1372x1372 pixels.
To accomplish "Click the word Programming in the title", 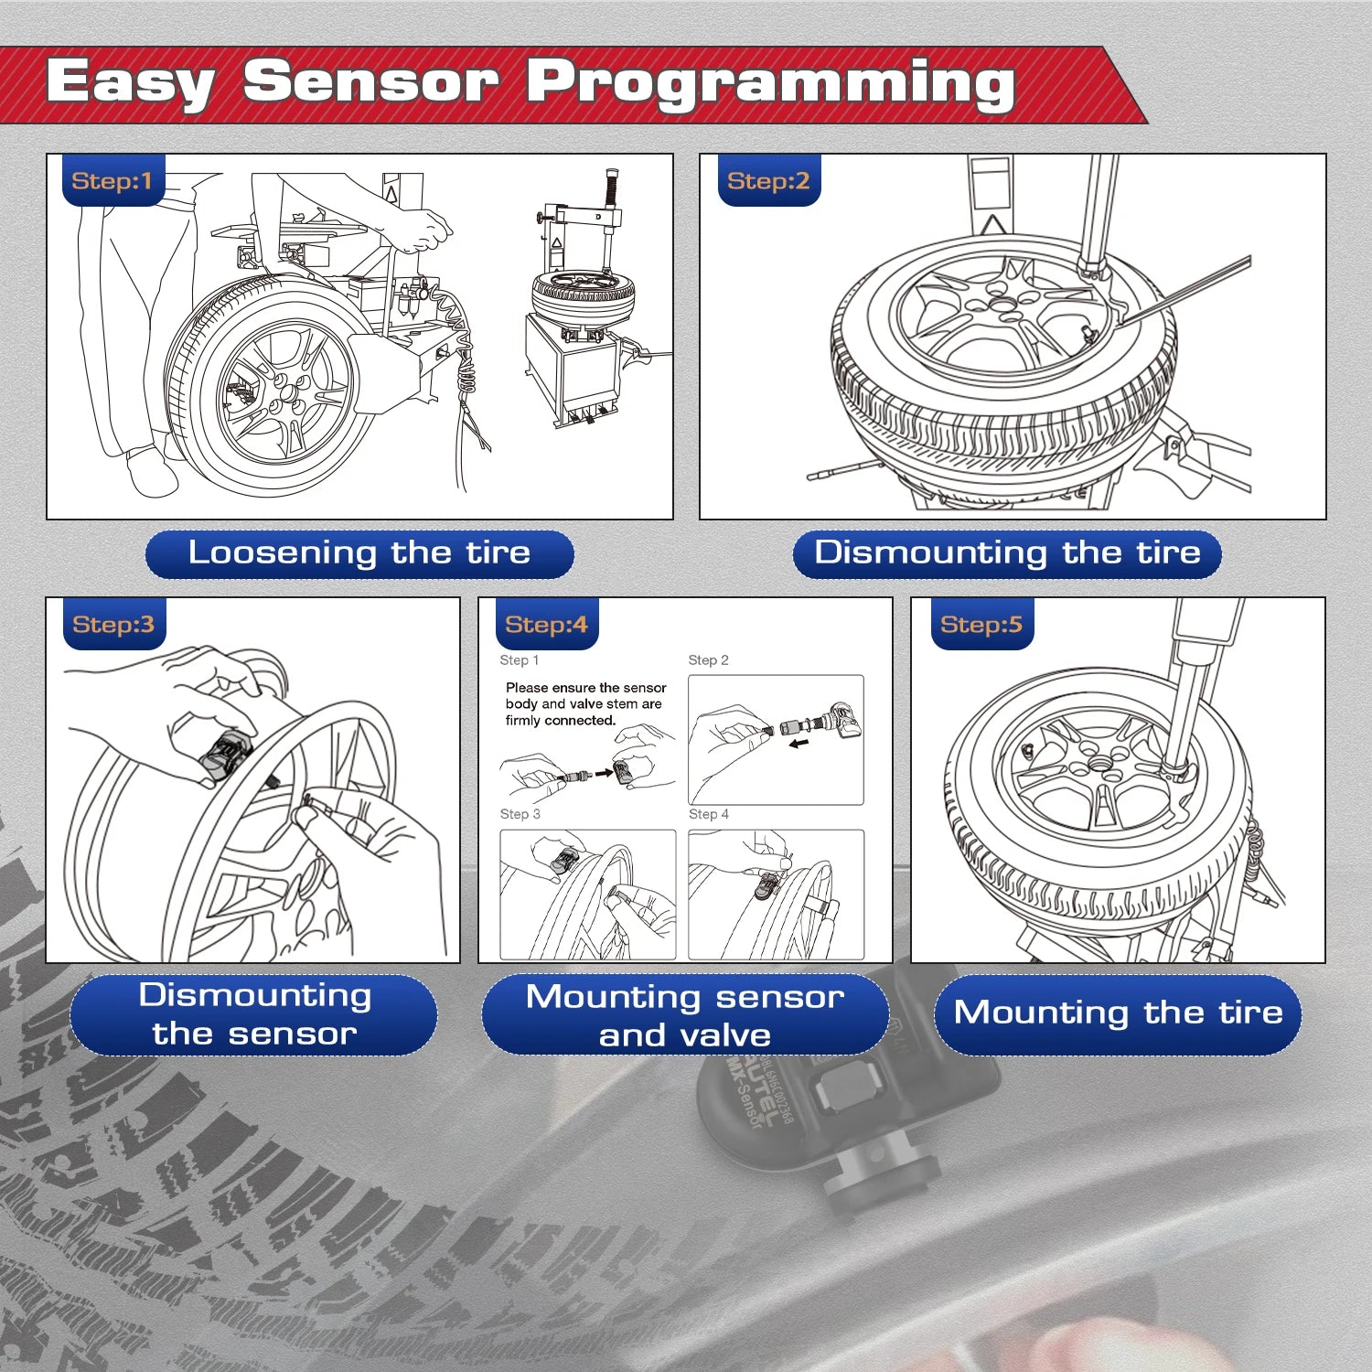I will [x=770, y=84].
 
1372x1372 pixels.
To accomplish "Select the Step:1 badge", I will [x=112, y=181].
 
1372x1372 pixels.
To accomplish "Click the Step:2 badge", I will [x=768, y=181].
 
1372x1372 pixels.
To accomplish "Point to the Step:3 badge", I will [x=113, y=625].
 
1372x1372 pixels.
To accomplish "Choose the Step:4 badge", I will [x=546, y=625].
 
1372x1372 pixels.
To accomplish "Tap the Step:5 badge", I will [x=981, y=625].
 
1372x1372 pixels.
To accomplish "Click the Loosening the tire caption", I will [x=359, y=553].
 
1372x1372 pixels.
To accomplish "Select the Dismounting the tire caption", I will [x=1007, y=553].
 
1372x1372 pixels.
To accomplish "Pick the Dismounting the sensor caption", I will [x=254, y=1014].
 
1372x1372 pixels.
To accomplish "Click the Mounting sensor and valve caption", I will [x=685, y=1015].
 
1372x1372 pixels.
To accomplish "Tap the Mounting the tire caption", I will [x=1118, y=1013].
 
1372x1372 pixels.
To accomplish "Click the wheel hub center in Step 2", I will [x=1003, y=309].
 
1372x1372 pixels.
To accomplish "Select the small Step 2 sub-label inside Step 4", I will [x=708, y=660].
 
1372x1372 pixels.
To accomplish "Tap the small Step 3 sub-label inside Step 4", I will [x=520, y=814].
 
